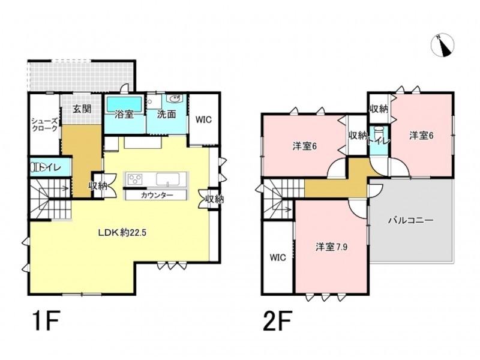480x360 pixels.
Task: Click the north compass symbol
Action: pyautogui.click(x=442, y=46)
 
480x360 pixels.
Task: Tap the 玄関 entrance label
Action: pyautogui.click(x=82, y=109)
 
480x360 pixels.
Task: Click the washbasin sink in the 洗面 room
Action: pyautogui.click(x=175, y=98)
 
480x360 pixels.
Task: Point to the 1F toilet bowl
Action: pyautogui.click(x=35, y=168)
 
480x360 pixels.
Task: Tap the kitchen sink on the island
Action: pyautogui.click(x=168, y=179)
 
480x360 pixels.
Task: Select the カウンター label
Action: pyautogui.click(x=157, y=195)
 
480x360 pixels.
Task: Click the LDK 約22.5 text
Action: pyautogui.click(x=122, y=233)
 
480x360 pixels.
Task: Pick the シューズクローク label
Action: pyautogui.click(x=44, y=124)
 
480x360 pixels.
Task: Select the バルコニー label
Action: pyautogui.click(x=411, y=220)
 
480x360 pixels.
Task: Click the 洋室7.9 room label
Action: pyautogui.click(x=332, y=247)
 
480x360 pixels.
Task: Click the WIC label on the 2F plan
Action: pyautogui.click(x=278, y=257)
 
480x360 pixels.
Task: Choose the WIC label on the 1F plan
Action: pyautogui.click(x=203, y=119)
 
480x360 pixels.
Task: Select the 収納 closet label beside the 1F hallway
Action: pyautogui.click(x=98, y=185)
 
